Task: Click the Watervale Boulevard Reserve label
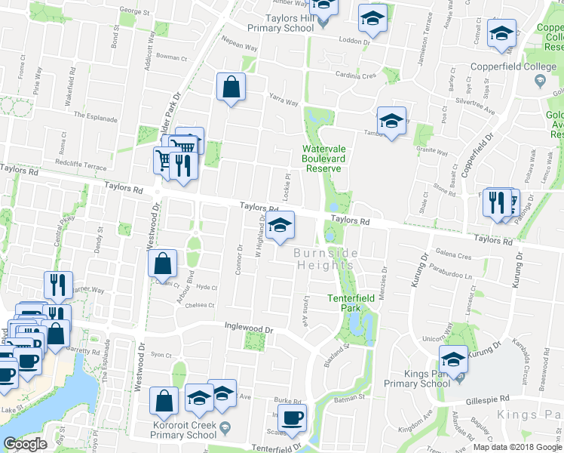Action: (324, 158)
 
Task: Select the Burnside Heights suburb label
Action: (325, 258)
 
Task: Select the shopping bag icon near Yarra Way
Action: (231, 87)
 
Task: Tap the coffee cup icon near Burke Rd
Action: (292, 418)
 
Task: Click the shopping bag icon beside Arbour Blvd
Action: (162, 264)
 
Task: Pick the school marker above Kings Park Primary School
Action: (453, 359)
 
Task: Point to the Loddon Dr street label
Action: (355, 42)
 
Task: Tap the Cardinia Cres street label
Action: (356, 75)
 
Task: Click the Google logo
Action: (26, 444)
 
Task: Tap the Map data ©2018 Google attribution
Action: (516, 447)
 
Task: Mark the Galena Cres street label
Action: (453, 256)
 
